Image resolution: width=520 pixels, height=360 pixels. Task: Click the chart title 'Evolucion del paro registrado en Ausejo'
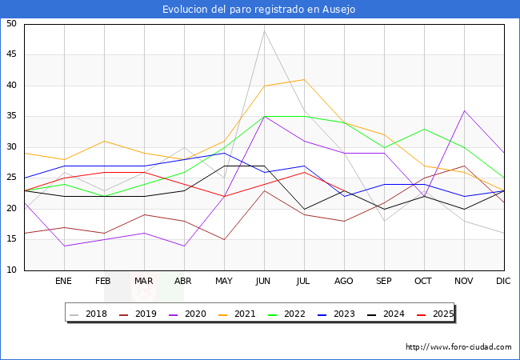[258, 10]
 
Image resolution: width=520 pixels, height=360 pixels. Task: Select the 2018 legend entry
[88, 314]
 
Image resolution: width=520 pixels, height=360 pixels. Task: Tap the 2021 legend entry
[237, 314]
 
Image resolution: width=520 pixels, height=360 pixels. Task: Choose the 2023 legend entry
[336, 314]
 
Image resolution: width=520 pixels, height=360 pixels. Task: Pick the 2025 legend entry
[435, 314]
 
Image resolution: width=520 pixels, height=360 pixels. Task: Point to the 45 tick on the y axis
[11, 54]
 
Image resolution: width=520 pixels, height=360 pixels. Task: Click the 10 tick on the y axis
[11, 270]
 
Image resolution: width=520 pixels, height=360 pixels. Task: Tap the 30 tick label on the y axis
[11, 146]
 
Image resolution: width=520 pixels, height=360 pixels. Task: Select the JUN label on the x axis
[263, 281]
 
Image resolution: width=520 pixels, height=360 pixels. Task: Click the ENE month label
[63, 281]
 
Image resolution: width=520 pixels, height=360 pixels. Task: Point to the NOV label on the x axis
[464, 281]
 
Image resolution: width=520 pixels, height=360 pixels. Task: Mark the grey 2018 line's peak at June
[264, 30]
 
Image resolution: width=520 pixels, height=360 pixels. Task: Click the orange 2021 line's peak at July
[304, 79]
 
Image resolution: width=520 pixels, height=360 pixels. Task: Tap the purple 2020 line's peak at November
[464, 110]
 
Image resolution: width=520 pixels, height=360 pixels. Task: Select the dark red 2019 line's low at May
[224, 239]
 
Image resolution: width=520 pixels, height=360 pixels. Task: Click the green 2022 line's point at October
[424, 129]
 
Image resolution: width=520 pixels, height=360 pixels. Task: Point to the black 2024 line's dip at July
[304, 209]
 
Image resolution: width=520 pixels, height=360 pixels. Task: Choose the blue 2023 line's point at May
[224, 153]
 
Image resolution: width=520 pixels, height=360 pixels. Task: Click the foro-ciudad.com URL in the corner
[458, 347]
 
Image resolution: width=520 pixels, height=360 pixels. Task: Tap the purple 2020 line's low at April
[184, 246]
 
